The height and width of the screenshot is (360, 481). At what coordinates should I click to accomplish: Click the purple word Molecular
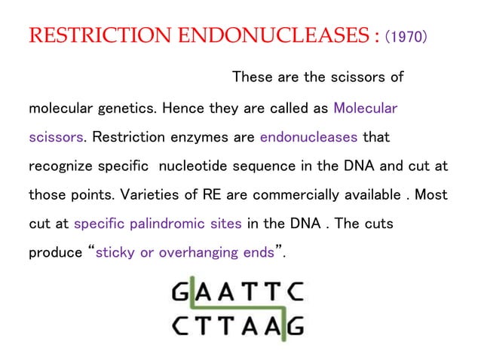[366, 108]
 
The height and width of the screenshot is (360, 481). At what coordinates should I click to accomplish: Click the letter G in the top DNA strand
[182, 291]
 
